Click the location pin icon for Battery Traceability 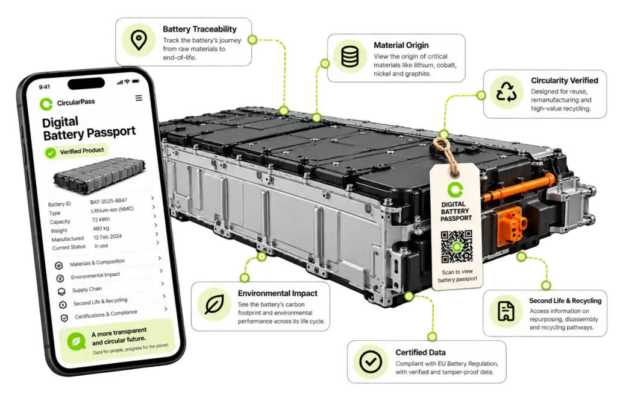pos(139,40)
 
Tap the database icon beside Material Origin pos(350,57)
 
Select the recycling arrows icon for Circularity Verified pos(506,92)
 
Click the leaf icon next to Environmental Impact pos(215,304)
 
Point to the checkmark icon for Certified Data pos(371,361)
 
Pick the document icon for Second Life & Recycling pos(506,311)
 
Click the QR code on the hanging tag pos(457,247)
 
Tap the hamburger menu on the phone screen pos(139,98)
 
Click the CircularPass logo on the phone pos(46,104)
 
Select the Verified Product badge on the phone pos(75,151)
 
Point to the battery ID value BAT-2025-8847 pos(108,201)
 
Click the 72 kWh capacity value pos(101,220)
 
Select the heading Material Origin pos(401,45)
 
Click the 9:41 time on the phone pos(45,87)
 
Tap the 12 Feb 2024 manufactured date pos(107,236)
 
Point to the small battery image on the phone pos(99,176)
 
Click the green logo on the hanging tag pos(456,190)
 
